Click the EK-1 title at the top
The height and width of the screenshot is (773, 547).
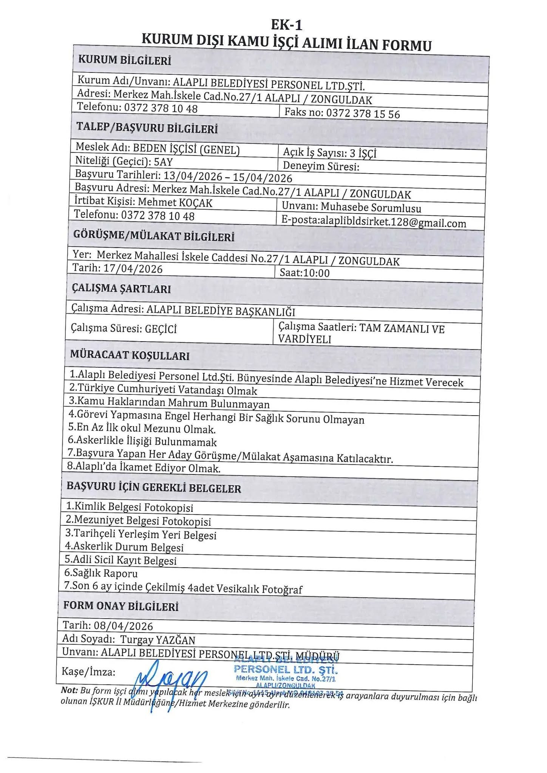point(287,25)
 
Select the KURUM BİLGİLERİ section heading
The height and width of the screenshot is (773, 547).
point(124,60)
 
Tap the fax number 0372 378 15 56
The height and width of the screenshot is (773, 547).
point(363,113)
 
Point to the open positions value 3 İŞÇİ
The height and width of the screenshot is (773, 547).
point(363,153)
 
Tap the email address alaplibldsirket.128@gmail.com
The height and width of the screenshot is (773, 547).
point(393,222)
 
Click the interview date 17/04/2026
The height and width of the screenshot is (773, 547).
point(133,269)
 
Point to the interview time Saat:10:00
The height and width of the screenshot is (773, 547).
point(304,273)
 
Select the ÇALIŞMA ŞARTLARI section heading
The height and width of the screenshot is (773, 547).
point(121,289)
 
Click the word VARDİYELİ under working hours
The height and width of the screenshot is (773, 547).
point(304,339)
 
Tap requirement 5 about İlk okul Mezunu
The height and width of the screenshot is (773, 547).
point(142,429)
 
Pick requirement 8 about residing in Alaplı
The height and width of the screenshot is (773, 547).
point(144,468)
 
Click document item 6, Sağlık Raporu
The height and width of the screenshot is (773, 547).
point(101,573)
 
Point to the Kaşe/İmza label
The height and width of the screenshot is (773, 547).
point(88,672)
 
